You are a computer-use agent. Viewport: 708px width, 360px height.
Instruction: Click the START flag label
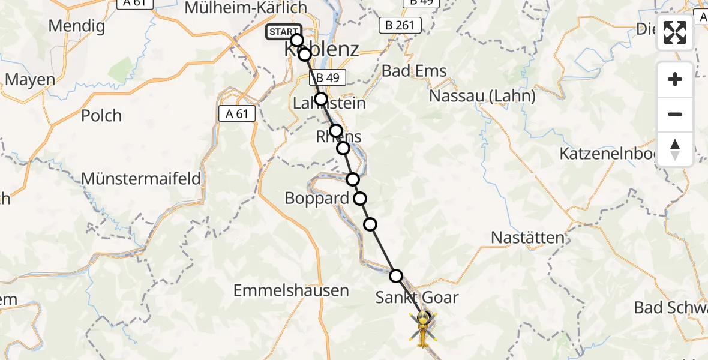283,32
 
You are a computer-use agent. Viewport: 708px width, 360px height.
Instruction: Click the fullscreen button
675,32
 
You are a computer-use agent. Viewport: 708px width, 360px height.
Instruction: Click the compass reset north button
675,149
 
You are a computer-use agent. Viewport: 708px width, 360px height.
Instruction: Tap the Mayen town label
30,80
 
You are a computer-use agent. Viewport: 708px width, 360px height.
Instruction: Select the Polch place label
101,115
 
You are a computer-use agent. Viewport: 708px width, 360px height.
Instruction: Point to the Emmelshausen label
291,291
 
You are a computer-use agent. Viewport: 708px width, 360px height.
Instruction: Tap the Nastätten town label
528,238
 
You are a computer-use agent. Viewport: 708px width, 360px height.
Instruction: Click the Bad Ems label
415,71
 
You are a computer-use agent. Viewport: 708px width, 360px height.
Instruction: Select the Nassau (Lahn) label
482,96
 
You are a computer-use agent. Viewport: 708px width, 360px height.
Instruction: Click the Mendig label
77,26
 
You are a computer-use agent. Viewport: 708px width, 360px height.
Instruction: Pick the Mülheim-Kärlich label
246,8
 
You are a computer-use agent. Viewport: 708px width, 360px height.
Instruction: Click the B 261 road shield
400,25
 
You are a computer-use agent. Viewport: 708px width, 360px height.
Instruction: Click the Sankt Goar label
417,297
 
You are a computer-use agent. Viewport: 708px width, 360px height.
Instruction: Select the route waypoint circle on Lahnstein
321,99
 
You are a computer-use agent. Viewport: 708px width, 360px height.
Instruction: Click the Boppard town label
317,198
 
